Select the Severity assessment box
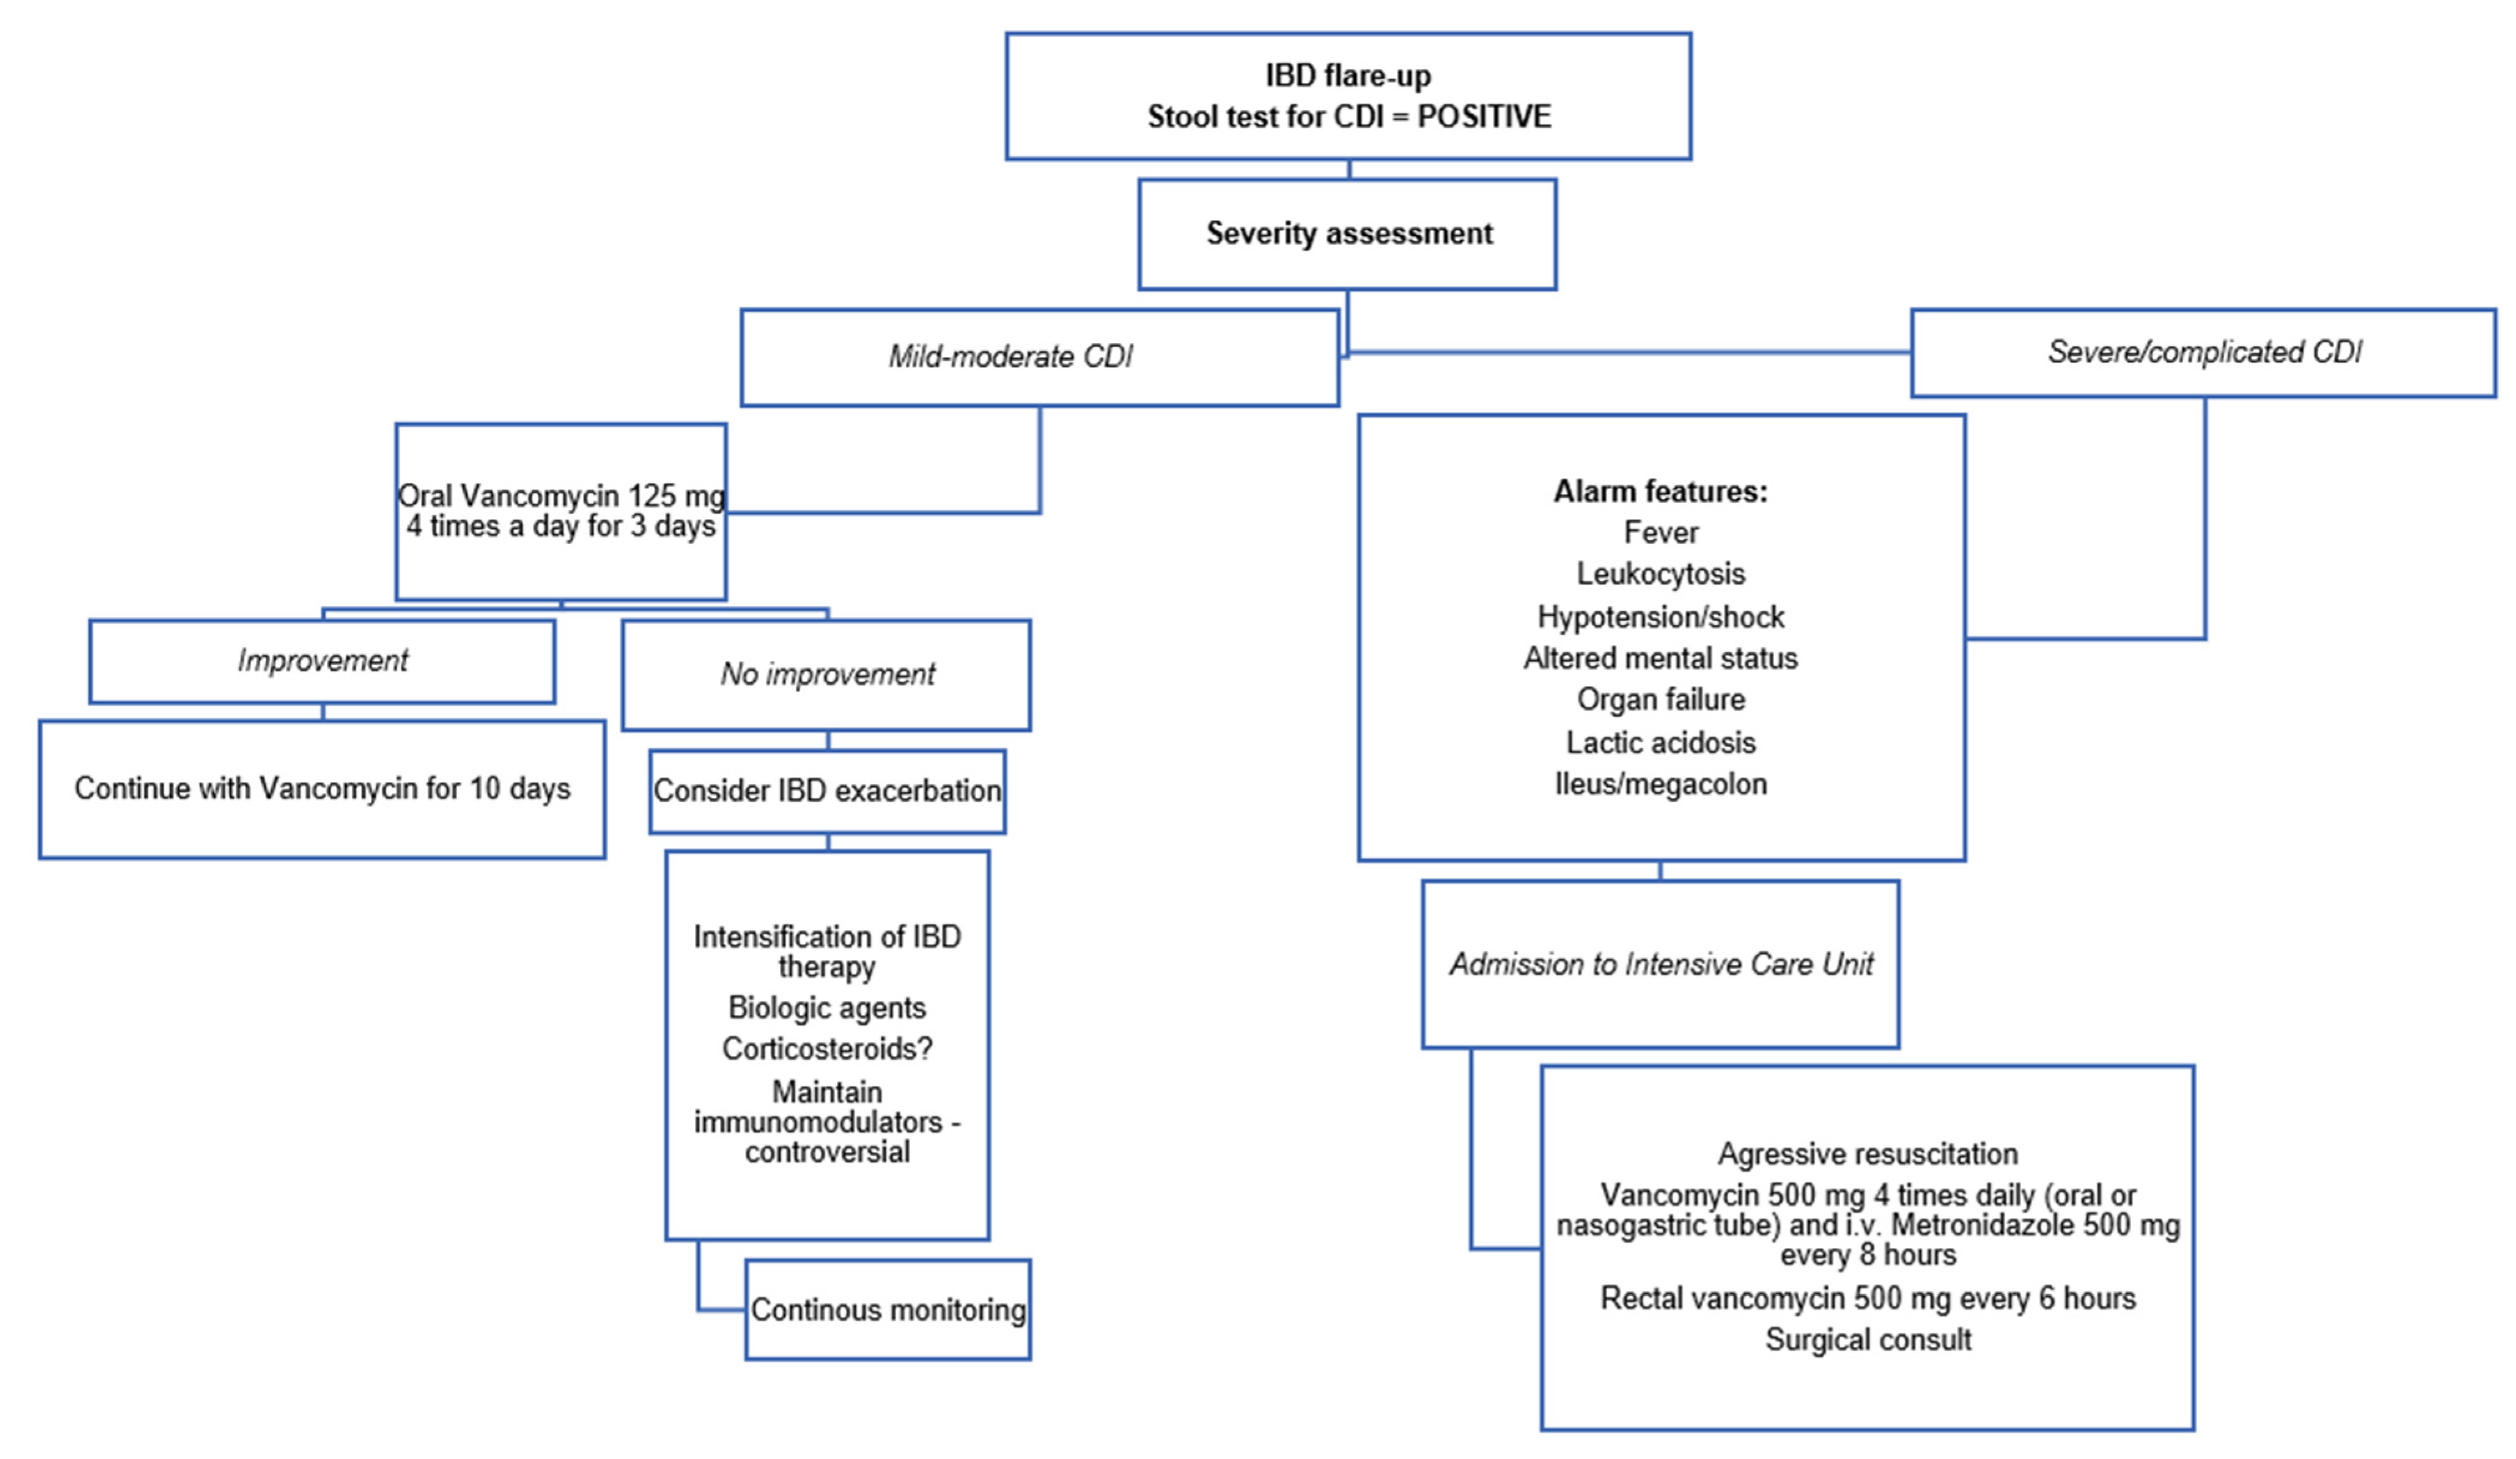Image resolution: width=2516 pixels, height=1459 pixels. click(1348, 234)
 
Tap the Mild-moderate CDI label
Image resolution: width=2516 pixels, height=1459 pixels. click(1011, 356)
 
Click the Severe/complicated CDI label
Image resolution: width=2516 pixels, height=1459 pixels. click(2204, 351)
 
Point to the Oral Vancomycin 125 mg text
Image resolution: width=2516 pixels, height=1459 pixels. click(561, 496)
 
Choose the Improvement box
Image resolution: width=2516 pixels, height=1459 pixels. click(322, 660)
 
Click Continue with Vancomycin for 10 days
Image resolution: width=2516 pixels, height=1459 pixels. click(322, 789)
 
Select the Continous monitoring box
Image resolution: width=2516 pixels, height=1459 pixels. click(888, 1309)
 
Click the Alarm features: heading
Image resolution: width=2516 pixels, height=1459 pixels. click(1660, 491)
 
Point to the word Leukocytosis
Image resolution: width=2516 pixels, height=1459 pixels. click(1660, 574)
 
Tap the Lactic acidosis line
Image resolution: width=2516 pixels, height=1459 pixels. click(1660, 743)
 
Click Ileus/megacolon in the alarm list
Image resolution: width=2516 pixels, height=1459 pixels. click(1660, 784)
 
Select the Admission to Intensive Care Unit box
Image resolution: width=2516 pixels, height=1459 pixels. click(1660, 964)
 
